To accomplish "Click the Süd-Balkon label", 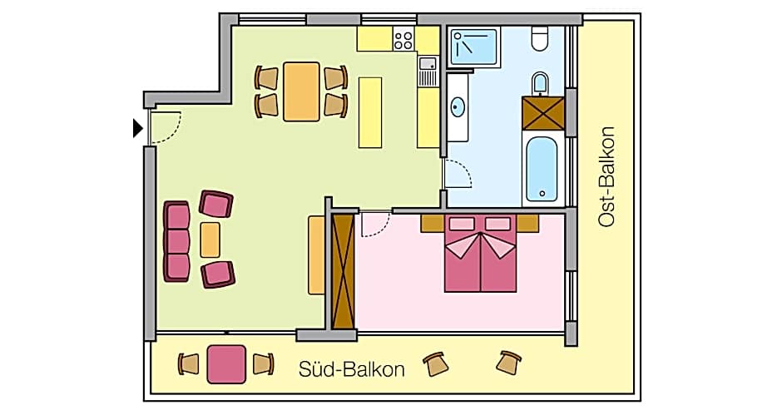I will (351, 369).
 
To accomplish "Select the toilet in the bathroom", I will (540, 38).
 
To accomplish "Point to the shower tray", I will (473, 46).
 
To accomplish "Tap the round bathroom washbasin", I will (458, 107).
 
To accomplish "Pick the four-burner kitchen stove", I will (403, 39).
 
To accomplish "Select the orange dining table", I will (301, 91).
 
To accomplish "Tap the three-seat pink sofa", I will (177, 241).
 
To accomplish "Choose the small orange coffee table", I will (210, 240).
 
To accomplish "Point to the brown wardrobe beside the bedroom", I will (343, 270).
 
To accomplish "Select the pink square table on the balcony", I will (226, 364).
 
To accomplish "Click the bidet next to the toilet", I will (540, 82).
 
